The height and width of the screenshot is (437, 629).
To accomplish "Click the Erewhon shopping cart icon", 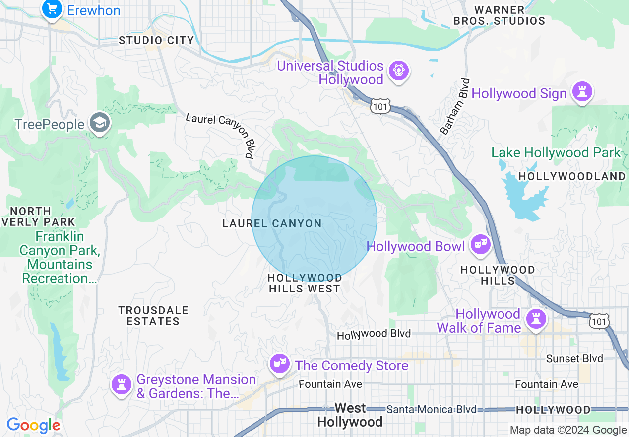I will [51, 9].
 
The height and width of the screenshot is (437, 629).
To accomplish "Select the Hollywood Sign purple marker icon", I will [582, 92].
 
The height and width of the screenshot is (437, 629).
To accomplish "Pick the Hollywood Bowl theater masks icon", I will [480, 245].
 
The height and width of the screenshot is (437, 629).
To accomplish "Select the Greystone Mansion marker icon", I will [121, 384].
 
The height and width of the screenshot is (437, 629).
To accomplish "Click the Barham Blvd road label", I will [454, 106].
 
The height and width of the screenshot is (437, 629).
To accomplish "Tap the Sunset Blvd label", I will [574, 359].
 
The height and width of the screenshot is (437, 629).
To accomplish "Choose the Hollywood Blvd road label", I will [374, 334].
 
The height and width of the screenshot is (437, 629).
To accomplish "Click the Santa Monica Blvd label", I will [431, 410].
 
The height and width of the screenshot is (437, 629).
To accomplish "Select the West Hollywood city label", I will [350, 415].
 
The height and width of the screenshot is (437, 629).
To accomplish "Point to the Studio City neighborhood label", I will [156, 41].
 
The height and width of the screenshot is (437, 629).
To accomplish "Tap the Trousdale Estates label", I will [153, 316].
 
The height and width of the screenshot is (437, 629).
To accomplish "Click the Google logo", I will [33, 425].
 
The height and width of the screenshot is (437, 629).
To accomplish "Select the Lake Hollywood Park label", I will [556, 153].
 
